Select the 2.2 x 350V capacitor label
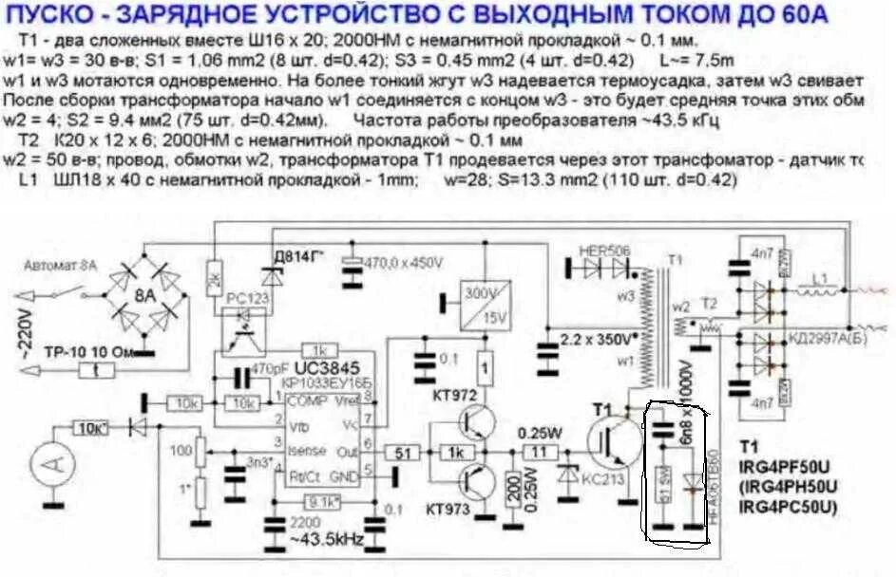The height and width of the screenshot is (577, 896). (x=594, y=337)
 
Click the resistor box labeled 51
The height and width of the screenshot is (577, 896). (x=404, y=454)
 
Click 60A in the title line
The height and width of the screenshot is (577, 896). (x=797, y=14)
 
